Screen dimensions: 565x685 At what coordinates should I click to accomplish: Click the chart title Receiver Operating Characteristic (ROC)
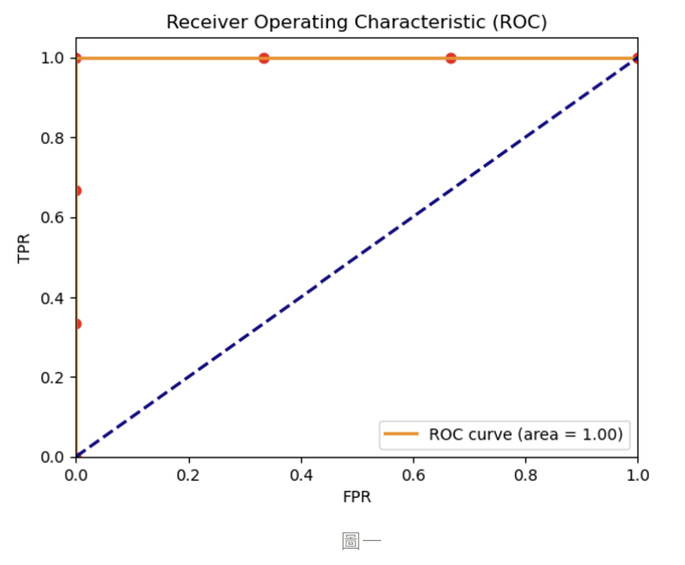click(356, 23)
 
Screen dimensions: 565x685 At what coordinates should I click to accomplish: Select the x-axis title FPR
click(356, 498)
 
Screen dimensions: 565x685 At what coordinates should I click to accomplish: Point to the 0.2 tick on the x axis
click(188, 475)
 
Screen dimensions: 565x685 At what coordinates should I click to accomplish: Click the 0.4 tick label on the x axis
click(301, 475)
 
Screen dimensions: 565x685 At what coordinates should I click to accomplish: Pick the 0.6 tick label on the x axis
click(413, 475)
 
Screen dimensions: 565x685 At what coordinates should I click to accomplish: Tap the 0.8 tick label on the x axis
click(526, 475)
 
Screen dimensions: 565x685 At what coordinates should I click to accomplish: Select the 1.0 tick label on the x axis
click(637, 475)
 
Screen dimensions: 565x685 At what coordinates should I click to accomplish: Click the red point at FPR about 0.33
click(264, 58)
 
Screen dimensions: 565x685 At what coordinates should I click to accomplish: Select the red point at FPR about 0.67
click(451, 58)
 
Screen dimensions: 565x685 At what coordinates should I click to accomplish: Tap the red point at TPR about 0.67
click(77, 191)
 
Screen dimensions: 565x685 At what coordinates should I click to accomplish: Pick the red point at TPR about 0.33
click(77, 323)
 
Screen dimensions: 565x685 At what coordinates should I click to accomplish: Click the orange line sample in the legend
click(402, 434)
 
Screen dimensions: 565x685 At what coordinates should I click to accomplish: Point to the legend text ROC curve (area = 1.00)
click(526, 434)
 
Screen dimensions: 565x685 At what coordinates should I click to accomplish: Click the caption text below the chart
click(361, 541)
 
